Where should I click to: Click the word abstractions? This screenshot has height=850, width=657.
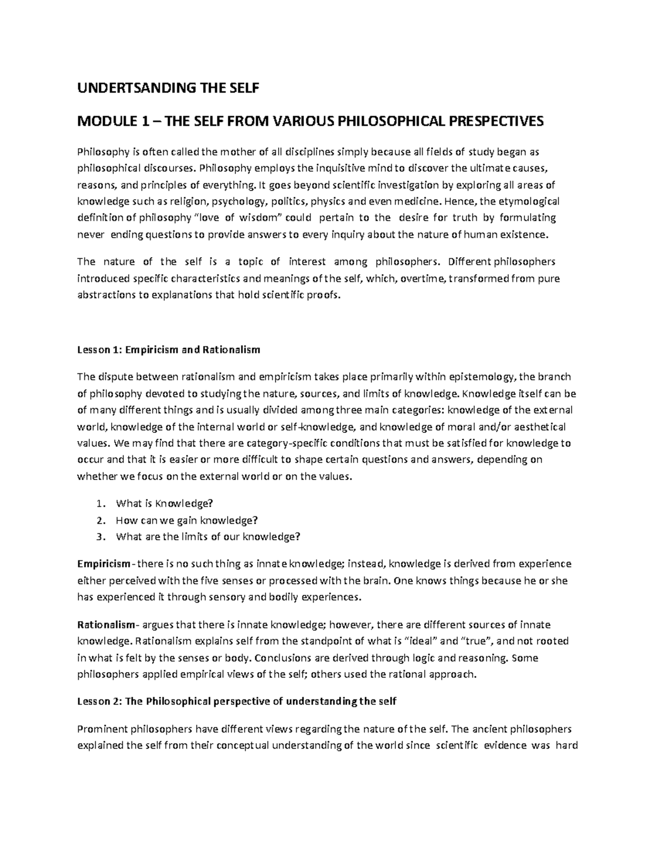coord(108,295)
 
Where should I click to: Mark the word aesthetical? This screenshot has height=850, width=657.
coord(539,426)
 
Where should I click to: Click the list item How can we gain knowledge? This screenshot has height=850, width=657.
coord(187,520)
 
